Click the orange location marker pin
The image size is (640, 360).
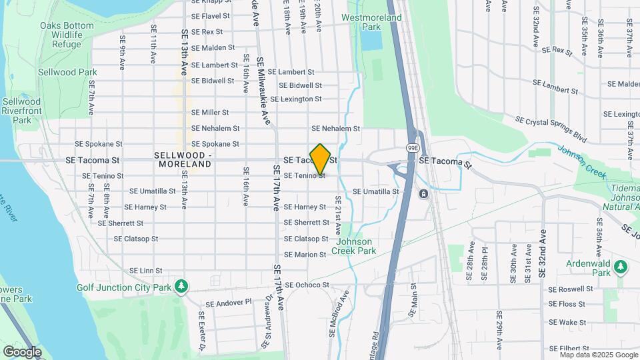coord(320,159)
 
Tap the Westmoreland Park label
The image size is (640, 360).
coord(371,23)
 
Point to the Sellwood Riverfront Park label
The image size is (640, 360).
coord(21,111)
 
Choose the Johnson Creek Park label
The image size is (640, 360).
coord(356,246)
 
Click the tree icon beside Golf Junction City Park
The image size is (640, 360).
coord(181,287)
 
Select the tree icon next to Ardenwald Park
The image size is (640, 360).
coord(621,267)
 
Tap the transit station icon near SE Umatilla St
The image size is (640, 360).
coord(423,194)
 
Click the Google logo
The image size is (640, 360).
coord(22,351)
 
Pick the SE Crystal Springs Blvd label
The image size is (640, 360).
coord(551,129)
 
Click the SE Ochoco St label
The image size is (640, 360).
coord(307,285)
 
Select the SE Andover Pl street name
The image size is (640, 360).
coord(228,302)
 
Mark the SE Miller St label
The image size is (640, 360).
coord(210,113)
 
